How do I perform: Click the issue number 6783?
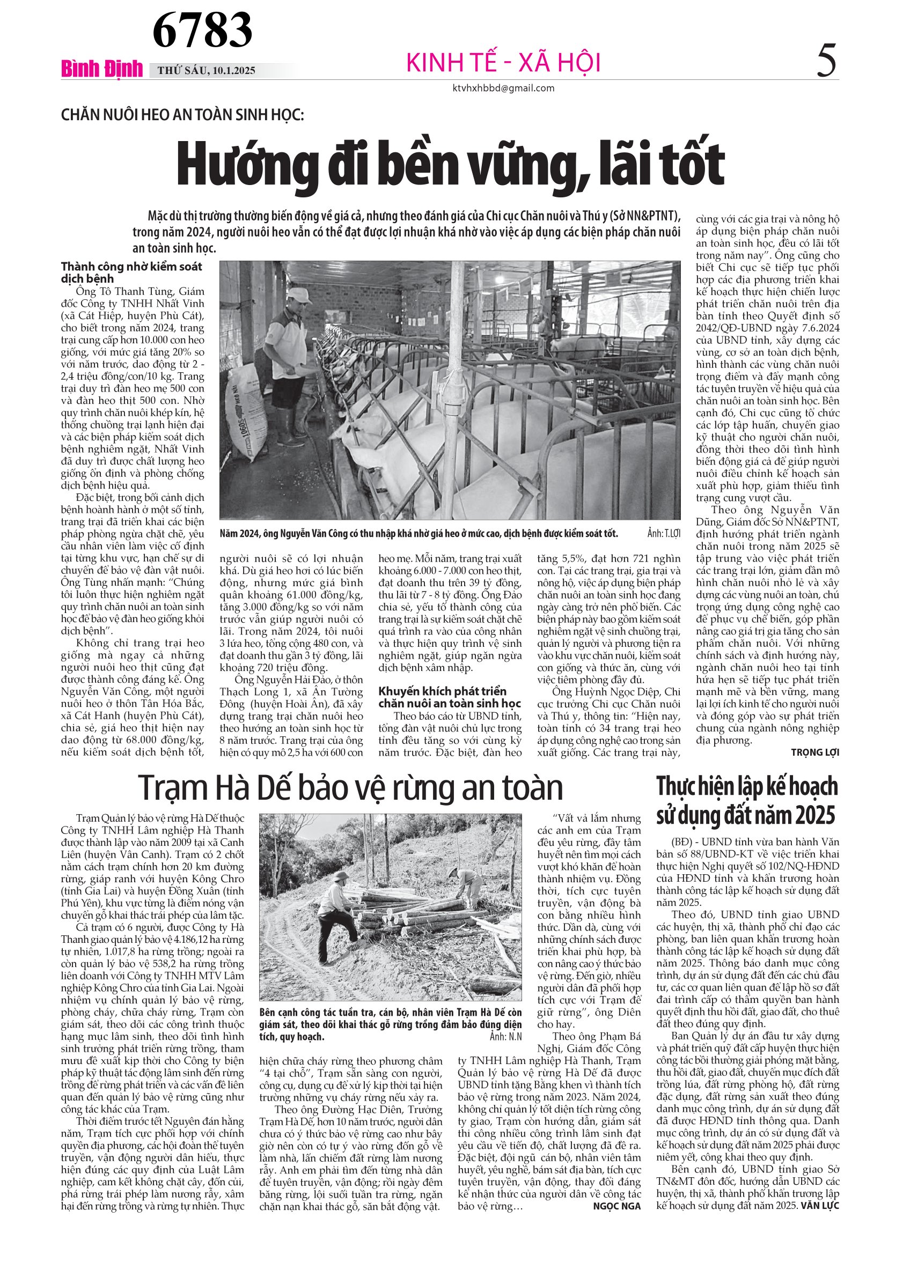(202, 30)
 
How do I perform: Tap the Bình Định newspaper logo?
(102, 69)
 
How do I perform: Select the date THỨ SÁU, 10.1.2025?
(207, 71)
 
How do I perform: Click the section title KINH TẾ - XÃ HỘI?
(503, 62)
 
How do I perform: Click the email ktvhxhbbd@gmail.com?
(503, 88)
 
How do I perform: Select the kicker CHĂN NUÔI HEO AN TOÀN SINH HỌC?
(182, 115)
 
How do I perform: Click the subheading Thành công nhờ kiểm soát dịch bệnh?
(131, 272)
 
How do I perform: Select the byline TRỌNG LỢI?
(814, 752)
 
